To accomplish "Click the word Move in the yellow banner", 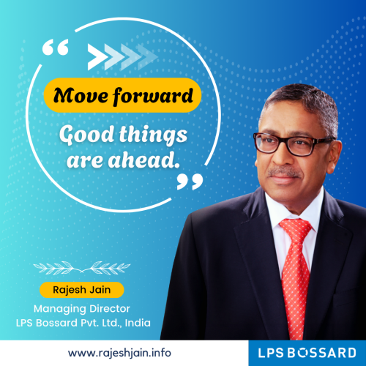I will point(83,95).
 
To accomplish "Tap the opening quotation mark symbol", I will point(56,50).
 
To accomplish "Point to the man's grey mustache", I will point(285,172).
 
